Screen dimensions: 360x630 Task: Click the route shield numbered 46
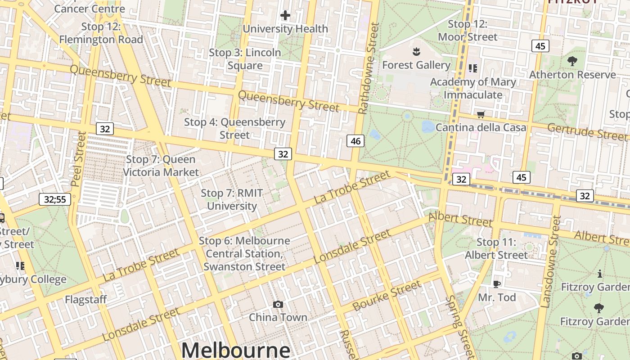point(355,141)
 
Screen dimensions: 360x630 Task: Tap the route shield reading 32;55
point(55,199)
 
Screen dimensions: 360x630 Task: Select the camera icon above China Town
point(278,305)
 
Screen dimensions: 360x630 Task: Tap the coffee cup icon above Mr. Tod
point(496,284)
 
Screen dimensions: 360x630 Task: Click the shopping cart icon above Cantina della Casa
point(481,114)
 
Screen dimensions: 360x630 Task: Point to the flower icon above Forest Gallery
point(416,51)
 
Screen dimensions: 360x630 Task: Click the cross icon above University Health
point(285,16)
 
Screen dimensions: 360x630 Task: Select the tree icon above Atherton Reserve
point(572,61)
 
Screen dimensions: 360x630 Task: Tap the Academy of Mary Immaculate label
point(473,88)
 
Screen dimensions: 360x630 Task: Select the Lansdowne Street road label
point(551,262)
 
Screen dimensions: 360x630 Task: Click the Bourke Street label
point(387,296)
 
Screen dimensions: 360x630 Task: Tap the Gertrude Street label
point(587,131)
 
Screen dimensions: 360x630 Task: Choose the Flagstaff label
point(85,300)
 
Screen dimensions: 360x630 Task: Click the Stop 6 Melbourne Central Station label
point(244,253)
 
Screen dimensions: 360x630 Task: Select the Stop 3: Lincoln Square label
point(245,59)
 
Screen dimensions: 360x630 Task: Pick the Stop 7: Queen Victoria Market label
point(161,166)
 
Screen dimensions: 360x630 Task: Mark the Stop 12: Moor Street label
point(468,31)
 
